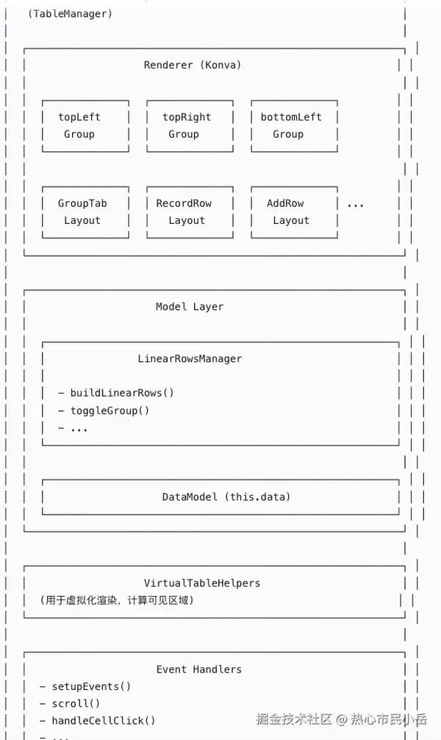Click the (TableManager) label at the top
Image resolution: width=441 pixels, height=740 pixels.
[x=70, y=13]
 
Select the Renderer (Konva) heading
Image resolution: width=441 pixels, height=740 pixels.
[x=193, y=65]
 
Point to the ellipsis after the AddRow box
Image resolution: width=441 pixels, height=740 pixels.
[x=355, y=204]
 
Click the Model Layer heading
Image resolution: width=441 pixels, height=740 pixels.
[x=190, y=306]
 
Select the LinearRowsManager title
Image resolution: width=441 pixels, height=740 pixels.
[x=190, y=358]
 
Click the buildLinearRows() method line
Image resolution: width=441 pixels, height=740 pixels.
[x=122, y=392]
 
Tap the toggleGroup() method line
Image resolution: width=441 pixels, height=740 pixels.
[x=110, y=410]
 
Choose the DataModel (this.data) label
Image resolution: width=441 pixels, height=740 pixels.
[x=226, y=497]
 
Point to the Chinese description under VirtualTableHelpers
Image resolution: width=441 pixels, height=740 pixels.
[x=116, y=601]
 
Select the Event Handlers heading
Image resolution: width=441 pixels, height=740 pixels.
[x=198, y=669]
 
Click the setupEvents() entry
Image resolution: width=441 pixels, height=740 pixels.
[x=90, y=686]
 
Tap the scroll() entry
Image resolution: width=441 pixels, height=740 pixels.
[x=76, y=703]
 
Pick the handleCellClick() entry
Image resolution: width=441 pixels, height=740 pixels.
[x=103, y=720]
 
